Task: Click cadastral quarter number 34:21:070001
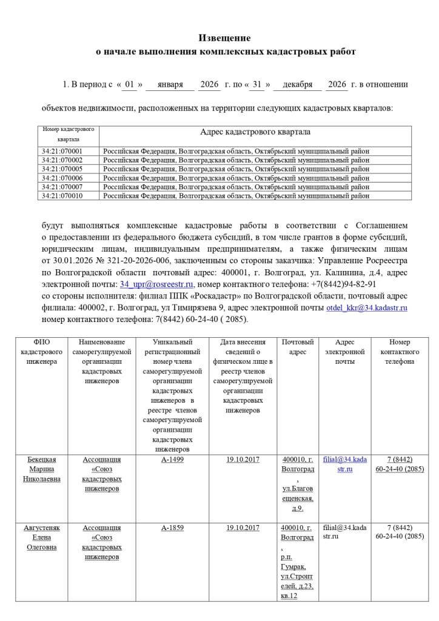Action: click(x=62, y=151)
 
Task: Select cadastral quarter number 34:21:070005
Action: click(x=62, y=169)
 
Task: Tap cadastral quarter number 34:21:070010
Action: click(x=62, y=196)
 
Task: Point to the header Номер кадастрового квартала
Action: click(x=69, y=134)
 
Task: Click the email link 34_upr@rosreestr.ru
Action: click(x=156, y=284)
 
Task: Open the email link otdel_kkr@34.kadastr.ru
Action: click(x=367, y=308)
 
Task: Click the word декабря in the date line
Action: click(x=297, y=85)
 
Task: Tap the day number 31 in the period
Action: click(x=256, y=85)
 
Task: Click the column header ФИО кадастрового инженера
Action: click(x=42, y=352)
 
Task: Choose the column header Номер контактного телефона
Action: click(x=400, y=352)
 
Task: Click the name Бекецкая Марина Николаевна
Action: click(x=42, y=469)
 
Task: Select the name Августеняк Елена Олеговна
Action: click(x=42, y=537)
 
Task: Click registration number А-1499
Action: click(x=172, y=460)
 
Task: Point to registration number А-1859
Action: click(x=172, y=528)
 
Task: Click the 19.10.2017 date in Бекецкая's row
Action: click(x=243, y=460)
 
